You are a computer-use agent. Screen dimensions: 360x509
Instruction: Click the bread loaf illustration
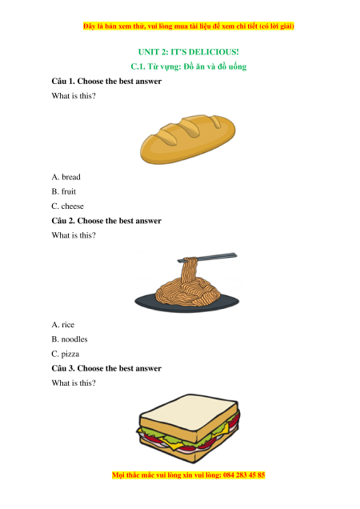(188, 138)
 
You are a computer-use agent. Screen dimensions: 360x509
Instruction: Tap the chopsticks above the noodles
(207, 258)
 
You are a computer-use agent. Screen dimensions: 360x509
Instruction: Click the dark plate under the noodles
(187, 303)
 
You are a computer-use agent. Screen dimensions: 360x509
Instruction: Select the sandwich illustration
(188, 428)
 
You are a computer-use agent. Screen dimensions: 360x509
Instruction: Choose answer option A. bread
(66, 177)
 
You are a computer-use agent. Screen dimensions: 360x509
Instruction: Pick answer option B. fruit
(64, 191)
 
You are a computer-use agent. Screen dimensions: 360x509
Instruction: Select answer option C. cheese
(67, 206)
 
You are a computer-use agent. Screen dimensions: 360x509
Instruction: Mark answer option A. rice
(63, 325)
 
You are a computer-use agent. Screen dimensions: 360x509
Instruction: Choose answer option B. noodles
(70, 339)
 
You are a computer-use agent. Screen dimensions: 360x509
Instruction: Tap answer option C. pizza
(66, 354)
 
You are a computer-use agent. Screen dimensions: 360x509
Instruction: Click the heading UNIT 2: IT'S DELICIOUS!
(188, 52)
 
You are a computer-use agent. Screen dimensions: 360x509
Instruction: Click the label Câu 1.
(63, 81)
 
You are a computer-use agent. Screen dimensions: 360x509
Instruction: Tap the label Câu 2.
(63, 221)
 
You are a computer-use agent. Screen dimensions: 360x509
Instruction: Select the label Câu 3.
(63, 368)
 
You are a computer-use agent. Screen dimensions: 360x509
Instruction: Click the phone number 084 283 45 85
(244, 475)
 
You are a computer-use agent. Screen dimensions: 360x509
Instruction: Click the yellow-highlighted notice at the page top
(188, 26)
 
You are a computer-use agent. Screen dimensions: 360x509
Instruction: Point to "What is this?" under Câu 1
(74, 96)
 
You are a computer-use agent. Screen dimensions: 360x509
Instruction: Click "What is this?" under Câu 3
(74, 383)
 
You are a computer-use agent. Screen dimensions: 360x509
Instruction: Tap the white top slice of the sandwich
(188, 411)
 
